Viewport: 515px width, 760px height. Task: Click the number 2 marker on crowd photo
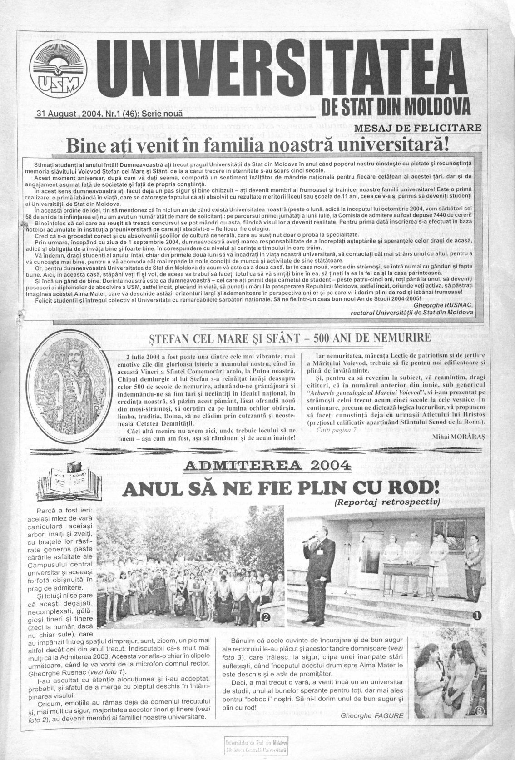click(x=266, y=616)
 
